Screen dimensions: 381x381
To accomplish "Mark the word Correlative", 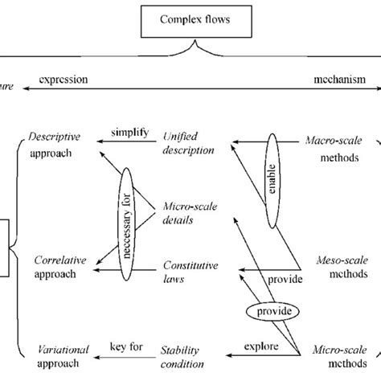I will click(55, 261).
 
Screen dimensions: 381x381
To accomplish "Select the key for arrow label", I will click(125, 346).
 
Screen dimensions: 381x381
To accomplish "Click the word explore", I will click(258, 348).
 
